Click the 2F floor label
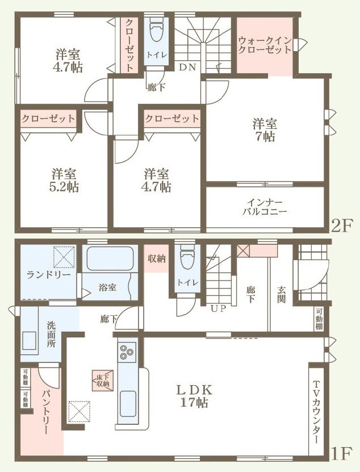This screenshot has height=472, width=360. (x=341, y=225)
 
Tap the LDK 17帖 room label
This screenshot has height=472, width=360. (x=194, y=396)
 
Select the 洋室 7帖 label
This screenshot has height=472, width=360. (x=265, y=130)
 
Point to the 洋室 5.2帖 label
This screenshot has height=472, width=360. (x=64, y=180)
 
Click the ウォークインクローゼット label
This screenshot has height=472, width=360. (x=265, y=45)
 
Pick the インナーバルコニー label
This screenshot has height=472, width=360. (x=265, y=207)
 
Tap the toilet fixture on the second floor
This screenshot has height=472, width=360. (x=157, y=30)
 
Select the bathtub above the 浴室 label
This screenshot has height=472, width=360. (x=110, y=258)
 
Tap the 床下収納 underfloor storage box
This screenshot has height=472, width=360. (x=103, y=381)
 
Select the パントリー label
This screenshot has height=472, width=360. (x=45, y=412)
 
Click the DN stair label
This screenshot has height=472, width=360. (x=187, y=67)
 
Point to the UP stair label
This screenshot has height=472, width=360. (x=218, y=308)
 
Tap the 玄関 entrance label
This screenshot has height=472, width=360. (x=281, y=294)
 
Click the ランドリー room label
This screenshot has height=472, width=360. (x=48, y=274)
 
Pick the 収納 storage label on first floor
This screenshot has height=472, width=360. (x=157, y=258)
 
